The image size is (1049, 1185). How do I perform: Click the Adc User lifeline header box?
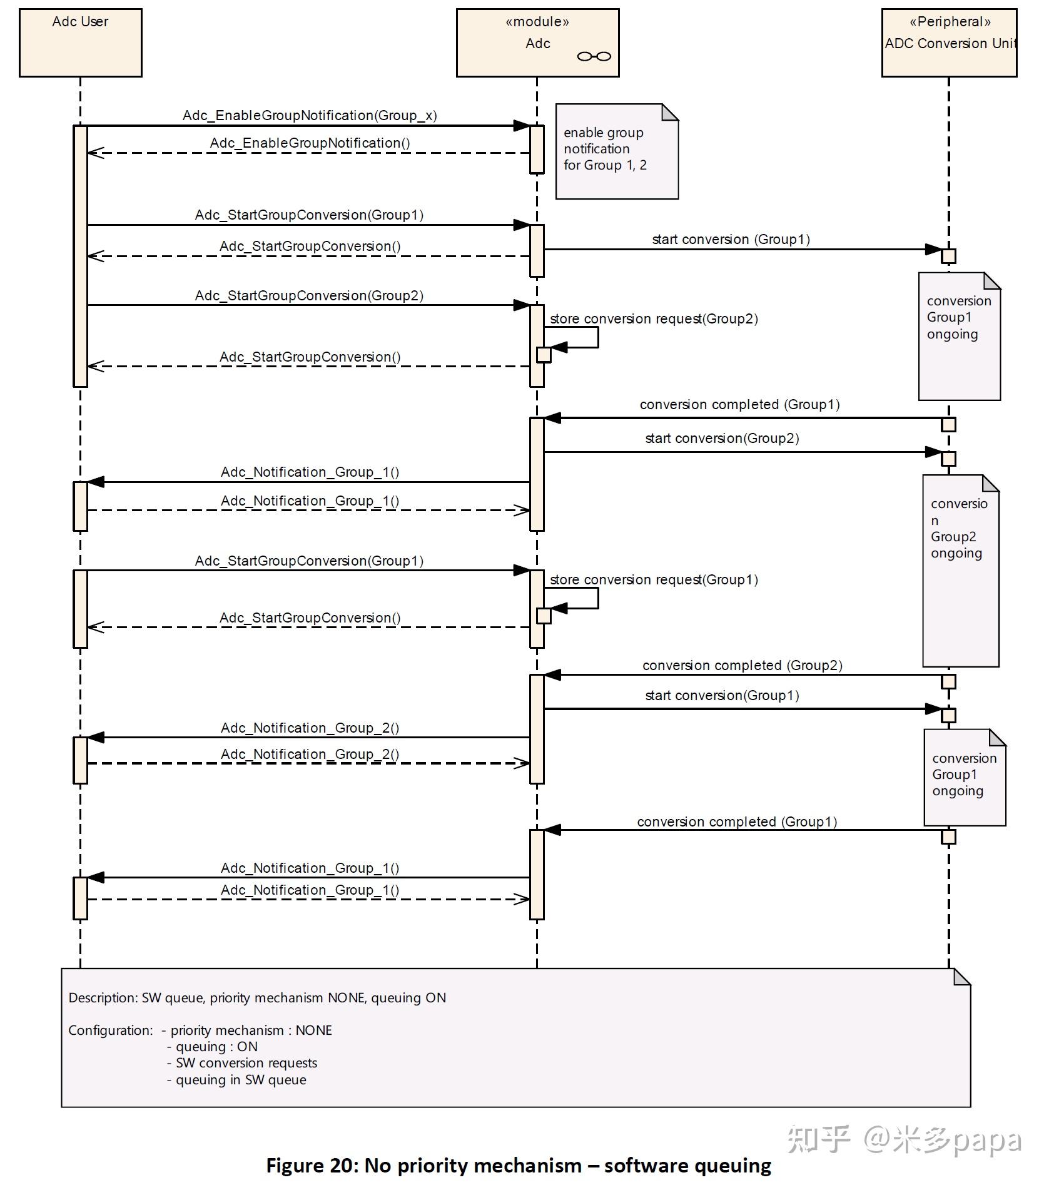point(80,43)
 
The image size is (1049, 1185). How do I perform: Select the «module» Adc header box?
point(537,43)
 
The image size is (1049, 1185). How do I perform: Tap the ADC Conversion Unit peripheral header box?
point(948,43)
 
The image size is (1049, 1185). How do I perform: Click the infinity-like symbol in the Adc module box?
point(594,56)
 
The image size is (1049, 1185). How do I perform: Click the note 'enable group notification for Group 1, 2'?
point(616,152)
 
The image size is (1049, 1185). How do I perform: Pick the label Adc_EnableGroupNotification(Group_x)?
point(309,116)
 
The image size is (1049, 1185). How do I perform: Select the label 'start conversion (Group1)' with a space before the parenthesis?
point(731,240)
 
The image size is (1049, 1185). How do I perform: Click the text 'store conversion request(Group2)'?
point(653,319)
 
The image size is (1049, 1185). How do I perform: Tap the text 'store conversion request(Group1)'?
point(653,580)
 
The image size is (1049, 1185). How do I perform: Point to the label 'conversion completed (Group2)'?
point(742,666)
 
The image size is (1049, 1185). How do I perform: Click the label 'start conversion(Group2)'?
point(722,439)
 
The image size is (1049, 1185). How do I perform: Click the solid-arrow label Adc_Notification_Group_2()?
point(309,728)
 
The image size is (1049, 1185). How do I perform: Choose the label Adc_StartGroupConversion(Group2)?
point(309,296)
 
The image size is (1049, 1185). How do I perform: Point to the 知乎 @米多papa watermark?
point(904,1139)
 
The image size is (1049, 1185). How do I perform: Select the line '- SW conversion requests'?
point(241,1063)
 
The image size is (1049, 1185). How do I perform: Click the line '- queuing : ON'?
point(212,1047)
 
